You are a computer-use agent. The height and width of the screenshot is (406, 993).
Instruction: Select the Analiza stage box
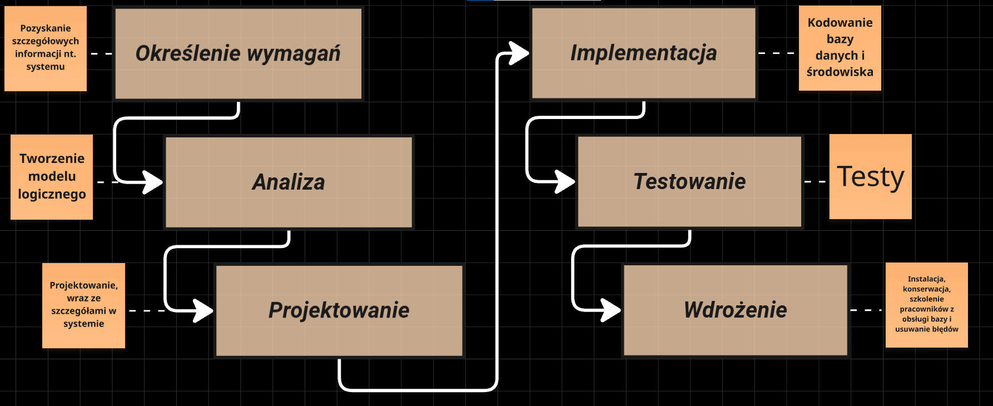(289, 182)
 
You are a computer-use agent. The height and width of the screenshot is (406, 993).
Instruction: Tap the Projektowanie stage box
(339, 310)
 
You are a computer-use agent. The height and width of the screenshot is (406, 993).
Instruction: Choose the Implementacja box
(643, 53)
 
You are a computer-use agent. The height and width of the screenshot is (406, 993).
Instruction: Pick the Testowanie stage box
(689, 181)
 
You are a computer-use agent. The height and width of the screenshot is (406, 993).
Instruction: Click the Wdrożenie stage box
(735, 310)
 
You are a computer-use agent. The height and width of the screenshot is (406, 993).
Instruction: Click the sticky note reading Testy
(870, 176)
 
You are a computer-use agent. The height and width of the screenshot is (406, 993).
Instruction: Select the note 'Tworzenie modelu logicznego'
(52, 176)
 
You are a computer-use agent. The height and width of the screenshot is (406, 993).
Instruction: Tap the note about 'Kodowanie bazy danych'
(840, 48)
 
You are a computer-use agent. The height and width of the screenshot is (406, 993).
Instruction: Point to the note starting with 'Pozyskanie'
(46, 48)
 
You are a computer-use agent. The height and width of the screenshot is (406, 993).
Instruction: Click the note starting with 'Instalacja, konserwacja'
(926, 305)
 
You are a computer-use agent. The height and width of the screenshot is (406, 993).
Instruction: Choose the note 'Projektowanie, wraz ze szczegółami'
(83, 305)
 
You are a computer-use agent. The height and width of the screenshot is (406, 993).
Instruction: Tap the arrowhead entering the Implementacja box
(519, 53)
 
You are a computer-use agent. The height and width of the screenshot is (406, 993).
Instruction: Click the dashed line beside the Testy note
(816, 181)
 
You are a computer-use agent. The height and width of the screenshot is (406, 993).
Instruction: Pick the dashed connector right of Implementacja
(777, 53)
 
